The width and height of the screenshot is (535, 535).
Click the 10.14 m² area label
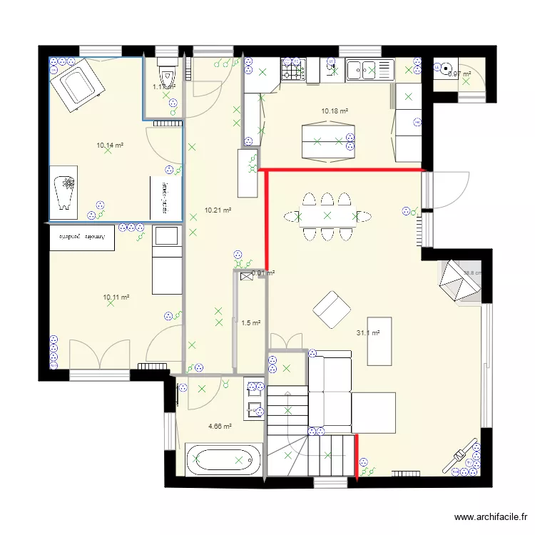110,145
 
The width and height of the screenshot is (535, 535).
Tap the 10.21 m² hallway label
217,210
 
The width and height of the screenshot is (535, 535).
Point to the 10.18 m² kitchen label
335,111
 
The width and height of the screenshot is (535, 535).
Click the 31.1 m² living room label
367,333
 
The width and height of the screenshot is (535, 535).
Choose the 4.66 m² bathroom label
220,427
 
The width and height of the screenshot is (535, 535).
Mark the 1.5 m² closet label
250,323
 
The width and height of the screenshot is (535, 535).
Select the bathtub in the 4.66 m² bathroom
221,460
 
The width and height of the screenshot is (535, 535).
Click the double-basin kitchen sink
370,69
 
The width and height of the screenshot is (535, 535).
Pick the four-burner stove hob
292,70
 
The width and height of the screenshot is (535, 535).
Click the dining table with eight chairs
327,215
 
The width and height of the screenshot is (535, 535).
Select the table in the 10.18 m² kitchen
327,141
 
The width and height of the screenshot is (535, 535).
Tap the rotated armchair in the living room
332,310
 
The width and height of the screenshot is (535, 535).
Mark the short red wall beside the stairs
357,457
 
